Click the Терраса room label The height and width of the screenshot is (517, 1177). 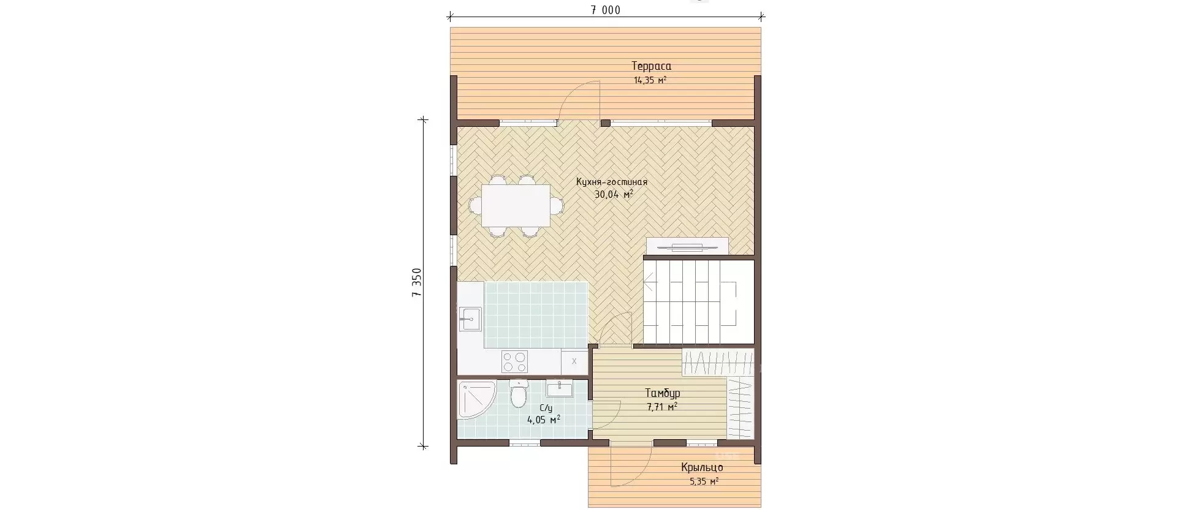click(651, 66)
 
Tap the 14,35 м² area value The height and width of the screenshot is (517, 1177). click(650, 80)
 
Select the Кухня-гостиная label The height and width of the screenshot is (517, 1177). click(611, 182)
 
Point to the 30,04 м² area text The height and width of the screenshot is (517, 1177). click(614, 195)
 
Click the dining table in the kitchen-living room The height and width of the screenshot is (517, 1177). click(516, 206)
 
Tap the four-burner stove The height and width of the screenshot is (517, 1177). click(514, 361)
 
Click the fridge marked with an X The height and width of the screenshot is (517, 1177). click(574, 361)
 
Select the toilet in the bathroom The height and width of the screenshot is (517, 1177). click(519, 393)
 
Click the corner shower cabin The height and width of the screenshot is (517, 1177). click(475, 399)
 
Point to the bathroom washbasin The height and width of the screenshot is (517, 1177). click(559, 389)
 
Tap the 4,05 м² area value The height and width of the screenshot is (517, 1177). click(544, 420)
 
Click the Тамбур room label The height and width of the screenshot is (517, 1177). click(662, 393)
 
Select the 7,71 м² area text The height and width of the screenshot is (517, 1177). click(662, 407)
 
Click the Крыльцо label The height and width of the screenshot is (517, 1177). click(702, 468)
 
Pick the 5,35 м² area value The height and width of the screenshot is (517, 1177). click(704, 481)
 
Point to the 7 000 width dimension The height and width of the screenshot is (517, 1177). click(606, 10)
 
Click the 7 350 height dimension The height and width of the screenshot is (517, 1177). click(417, 282)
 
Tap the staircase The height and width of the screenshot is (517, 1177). click(698, 302)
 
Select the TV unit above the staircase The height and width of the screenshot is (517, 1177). click(687, 246)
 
